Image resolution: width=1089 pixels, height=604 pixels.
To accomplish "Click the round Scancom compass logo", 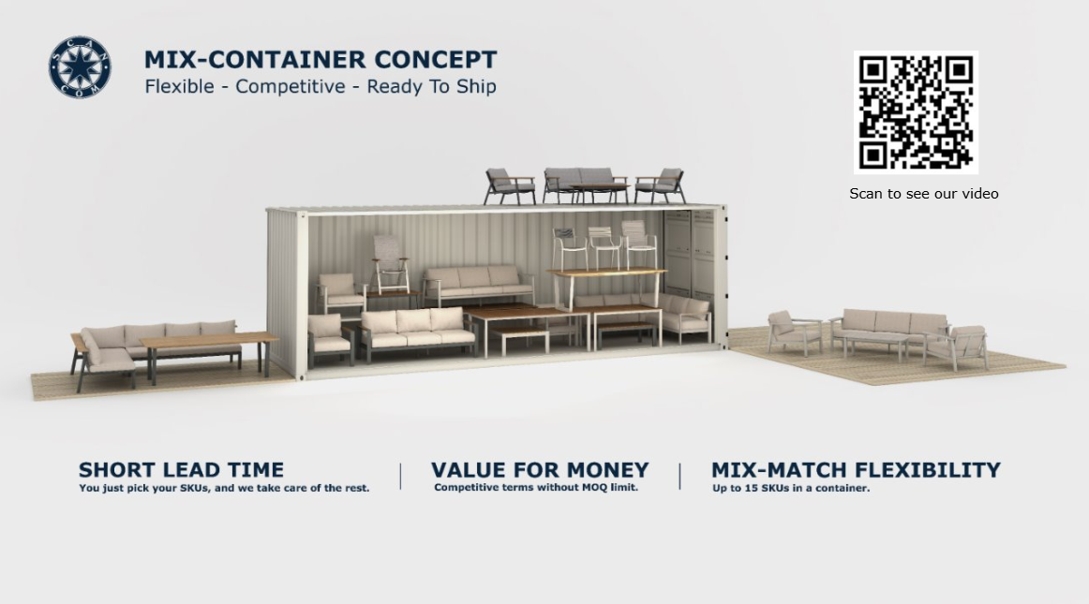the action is click(80, 67).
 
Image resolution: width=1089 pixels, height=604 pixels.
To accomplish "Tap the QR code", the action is click(916, 112).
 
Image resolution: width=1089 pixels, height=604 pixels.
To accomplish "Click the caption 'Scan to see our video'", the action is click(924, 194).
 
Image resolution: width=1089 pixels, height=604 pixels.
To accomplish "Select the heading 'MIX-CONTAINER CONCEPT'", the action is click(321, 60).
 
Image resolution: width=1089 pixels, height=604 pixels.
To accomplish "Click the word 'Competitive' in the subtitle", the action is click(291, 87).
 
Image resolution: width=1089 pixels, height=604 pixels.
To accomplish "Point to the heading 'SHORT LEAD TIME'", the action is click(181, 470).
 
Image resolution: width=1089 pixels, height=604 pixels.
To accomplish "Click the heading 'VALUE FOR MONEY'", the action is click(540, 470).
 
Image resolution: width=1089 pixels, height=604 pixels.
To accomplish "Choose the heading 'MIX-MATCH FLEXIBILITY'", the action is click(856, 470).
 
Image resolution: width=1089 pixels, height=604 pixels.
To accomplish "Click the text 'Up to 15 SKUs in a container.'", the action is click(790, 488).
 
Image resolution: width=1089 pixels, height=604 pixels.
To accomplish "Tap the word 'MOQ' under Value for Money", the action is click(593, 487).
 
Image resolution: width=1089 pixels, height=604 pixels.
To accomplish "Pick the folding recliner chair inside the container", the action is click(390, 264).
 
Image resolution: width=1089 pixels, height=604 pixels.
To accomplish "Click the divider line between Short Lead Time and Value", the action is click(401, 477).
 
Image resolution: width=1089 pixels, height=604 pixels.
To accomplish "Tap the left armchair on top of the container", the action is click(510, 186).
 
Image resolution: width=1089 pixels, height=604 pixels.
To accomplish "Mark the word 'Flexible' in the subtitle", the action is click(179, 87).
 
